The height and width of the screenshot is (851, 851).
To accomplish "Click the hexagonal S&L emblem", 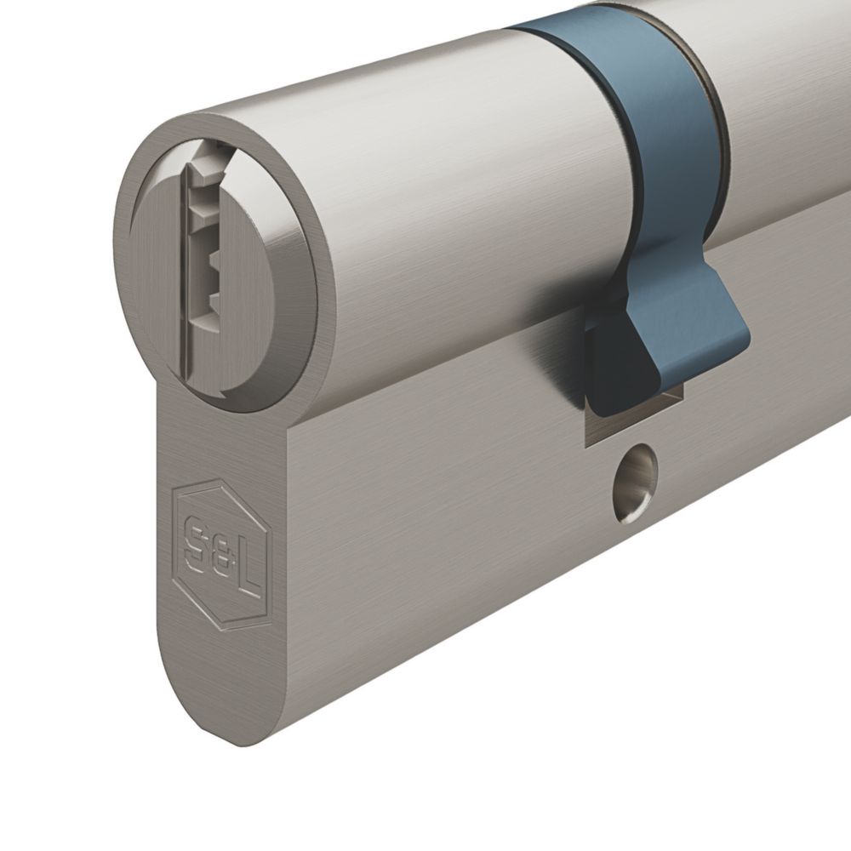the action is [221, 555].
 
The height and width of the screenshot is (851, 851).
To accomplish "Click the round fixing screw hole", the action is [635, 483].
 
